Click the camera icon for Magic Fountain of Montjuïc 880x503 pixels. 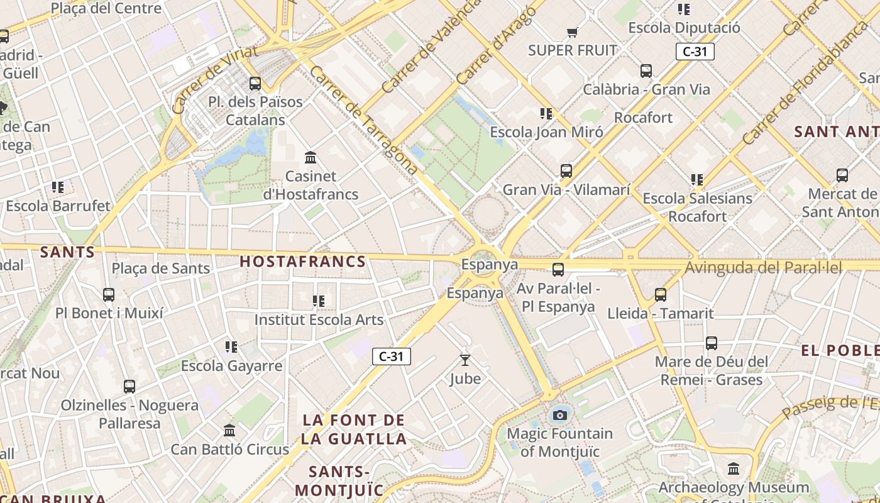coord(559,415)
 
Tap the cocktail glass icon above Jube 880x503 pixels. coord(465,360)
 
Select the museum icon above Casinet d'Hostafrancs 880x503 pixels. coord(310,157)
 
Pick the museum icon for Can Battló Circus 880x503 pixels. coord(229,431)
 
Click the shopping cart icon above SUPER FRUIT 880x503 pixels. coord(572,32)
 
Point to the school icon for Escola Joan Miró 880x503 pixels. coord(546,114)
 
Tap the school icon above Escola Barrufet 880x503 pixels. coord(58,187)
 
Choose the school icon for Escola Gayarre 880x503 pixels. coord(231,347)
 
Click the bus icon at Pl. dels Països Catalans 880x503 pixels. coord(255,83)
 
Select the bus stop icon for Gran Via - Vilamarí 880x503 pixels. coord(566,171)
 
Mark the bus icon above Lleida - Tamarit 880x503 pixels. coord(661,294)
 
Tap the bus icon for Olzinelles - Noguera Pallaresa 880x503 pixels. coord(129,387)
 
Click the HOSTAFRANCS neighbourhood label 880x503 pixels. coord(303,262)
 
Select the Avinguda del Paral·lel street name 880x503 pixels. coord(763,267)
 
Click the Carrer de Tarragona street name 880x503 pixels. coord(364,120)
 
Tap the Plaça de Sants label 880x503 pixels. coord(161,268)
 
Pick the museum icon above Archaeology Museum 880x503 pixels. coord(734,469)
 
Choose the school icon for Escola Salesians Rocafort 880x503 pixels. coord(697,180)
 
